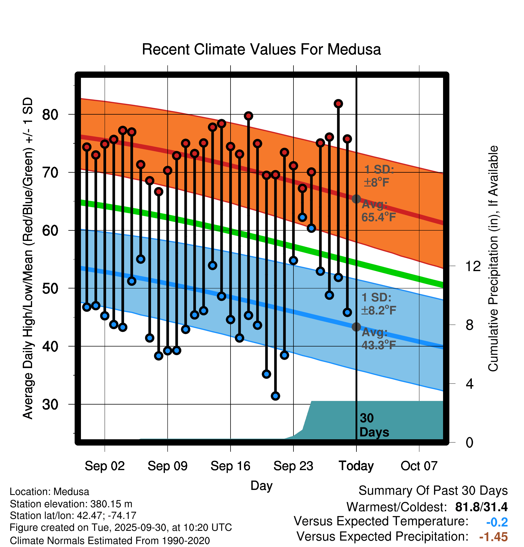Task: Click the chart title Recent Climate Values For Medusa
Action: (261, 49)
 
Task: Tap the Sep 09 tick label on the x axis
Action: (168, 466)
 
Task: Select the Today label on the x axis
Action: (356, 466)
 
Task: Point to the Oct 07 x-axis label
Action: (419, 466)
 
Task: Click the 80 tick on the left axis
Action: (50, 114)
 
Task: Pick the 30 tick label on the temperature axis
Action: (50, 404)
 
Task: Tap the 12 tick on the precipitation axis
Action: (473, 266)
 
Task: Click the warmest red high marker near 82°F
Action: (338, 104)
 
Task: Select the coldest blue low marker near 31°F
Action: (275, 396)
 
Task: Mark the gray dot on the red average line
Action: (356, 199)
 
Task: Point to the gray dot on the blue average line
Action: (356, 327)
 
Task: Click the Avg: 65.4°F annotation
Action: (379, 211)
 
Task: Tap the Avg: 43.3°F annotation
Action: (379, 339)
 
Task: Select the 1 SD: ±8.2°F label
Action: (379, 304)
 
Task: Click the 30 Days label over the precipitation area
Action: (374, 425)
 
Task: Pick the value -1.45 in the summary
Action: (493, 537)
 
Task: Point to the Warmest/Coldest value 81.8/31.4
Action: (481, 507)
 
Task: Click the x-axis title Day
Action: (261, 485)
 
